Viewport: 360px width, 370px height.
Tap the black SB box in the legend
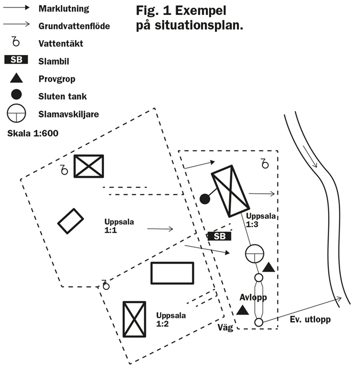click(16, 60)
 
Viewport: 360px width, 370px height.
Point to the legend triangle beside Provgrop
click(16, 78)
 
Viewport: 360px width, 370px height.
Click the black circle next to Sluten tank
click(16, 95)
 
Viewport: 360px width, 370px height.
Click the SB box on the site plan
click(219, 236)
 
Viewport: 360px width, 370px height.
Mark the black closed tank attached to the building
click(204, 199)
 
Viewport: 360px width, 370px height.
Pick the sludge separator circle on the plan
click(255, 254)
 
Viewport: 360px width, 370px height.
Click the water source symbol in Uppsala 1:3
click(265, 163)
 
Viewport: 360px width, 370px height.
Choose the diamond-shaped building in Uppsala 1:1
click(70, 221)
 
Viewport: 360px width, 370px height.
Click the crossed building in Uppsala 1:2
click(134, 319)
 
